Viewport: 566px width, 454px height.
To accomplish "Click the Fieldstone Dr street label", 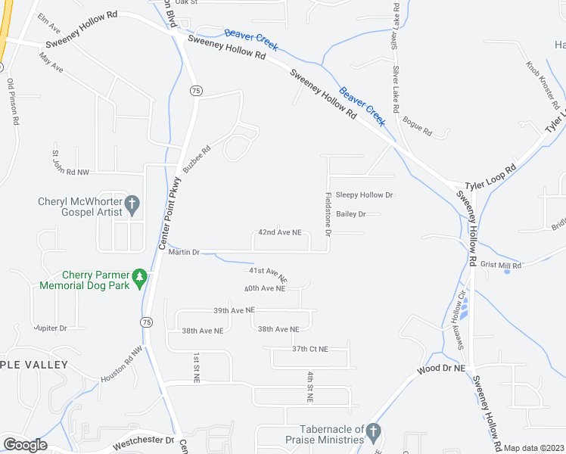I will click(328, 214).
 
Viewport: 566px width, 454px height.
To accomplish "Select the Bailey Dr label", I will click(351, 214).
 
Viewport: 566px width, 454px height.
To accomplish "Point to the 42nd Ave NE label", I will click(280, 232).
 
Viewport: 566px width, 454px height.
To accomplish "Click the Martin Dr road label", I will click(184, 252).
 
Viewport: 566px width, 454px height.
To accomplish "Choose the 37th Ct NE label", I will click(310, 349).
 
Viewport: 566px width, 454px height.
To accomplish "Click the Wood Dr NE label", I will click(440, 370).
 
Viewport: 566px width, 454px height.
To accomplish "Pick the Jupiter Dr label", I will click(50, 328).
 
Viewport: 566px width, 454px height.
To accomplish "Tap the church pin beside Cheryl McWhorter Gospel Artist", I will click(132, 203).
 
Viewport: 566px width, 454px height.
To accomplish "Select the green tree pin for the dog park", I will click(139, 278).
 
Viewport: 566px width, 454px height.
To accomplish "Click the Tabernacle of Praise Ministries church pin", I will click(372, 431).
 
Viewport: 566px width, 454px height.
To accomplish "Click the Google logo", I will click(26, 445).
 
